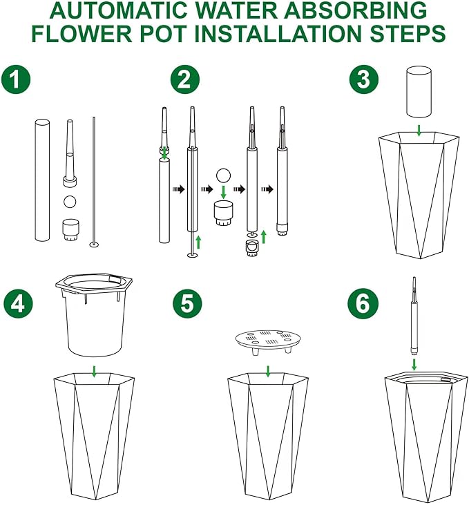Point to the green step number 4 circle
19,305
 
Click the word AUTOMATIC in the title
138,12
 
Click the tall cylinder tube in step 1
42,180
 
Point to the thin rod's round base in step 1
94,245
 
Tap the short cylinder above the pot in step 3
419,92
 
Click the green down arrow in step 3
419,130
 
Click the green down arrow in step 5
268,370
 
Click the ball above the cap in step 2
223,175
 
